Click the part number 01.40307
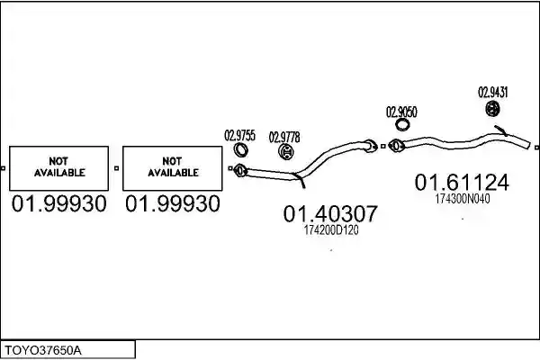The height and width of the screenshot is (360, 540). pyautogui.click(x=330, y=213)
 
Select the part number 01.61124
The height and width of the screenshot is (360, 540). pyautogui.click(x=462, y=182)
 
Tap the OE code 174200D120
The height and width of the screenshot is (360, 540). pyautogui.click(x=331, y=230)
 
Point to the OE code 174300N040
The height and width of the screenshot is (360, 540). pyautogui.click(x=463, y=199)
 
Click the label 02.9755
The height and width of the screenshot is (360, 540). pyautogui.click(x=239, y=135)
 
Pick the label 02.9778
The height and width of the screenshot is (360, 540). pyautogui.click(x=284, y=137)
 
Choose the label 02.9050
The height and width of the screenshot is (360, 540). pyautogui.click(x=401, y=112)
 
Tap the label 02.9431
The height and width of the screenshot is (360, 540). pyautogui.click(x=493, y=93)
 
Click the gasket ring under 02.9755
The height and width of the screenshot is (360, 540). pyautogui.click(x=240, y=150)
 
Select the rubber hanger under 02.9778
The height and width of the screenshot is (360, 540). pyautogui.click(x=285, y=151)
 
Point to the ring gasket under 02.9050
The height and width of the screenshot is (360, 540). pyautogui.click(x=401, y=125)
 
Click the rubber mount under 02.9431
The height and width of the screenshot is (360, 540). pyautogui.click(x=493, y=109)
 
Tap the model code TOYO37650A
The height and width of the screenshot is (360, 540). pyautogui.click(x=43, y=351)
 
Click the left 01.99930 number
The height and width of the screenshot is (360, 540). pyautogui.click(x=58, y=203)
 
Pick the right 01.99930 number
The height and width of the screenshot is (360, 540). pyautogui.click(x=173, y=203)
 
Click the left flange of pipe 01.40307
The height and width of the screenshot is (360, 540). pyautogui.click(x=240, y=170)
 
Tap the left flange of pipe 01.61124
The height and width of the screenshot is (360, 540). pyautogui.click(x=395, y=146)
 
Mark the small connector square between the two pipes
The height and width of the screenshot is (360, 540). pyautogui.click(x=383, y=147)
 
